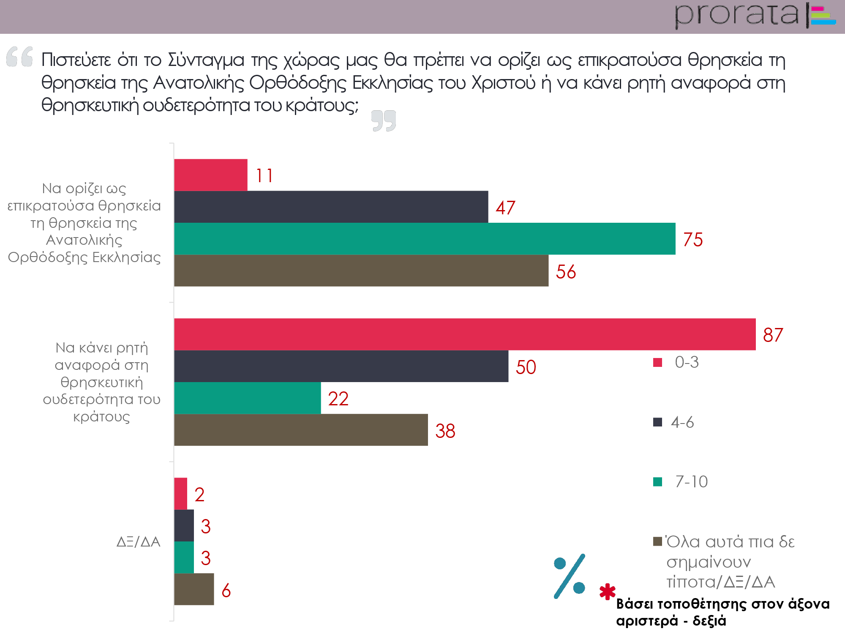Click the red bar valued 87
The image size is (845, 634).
click(465, 334)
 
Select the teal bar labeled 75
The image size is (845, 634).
click(425, 239)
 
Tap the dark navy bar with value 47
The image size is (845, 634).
click(331, 207)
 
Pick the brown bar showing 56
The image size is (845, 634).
click(361, 271)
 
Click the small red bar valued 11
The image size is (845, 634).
click(210, 175)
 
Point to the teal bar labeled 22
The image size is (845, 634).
click(247, 398)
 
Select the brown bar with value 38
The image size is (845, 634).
click(301, 430)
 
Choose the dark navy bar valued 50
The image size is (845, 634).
click(341, 366)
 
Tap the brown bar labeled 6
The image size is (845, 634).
click(194, 589)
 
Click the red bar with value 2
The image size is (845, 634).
click(180, 494)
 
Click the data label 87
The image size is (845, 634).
click(773, 335)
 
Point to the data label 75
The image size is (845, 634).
click(693, 240)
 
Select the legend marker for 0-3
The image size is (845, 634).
click(657, 362)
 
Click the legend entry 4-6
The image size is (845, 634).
click(682, 422)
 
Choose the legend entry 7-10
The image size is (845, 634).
click(691, 482)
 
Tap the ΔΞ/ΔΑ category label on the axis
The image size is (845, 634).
click(138, 541)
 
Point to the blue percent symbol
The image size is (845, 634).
click(570, 576)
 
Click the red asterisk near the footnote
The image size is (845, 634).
click(607, 592)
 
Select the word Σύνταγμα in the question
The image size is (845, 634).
click(206, 60)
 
